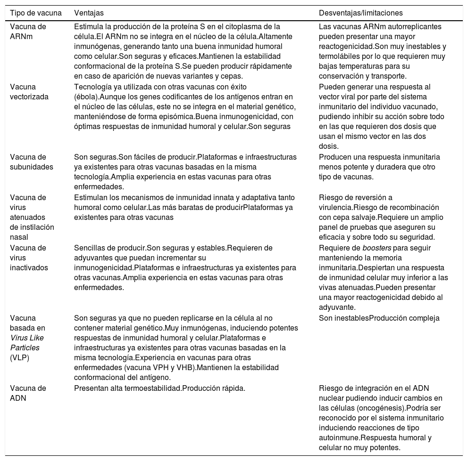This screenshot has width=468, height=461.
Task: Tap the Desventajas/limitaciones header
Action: pyautogui.click(x=360, y=13)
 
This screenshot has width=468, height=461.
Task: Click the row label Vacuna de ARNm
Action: pyautogui.click(x=28, y=32)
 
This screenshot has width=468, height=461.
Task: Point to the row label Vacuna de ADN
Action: pyautogui.click(x=28, y=393)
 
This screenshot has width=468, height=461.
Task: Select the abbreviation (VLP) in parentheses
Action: pyautogui.click(x=19, y=357)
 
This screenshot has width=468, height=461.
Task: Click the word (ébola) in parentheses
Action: pyautogui.click(x=89, y=97)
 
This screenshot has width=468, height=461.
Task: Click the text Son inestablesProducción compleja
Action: pyautogui.click(x=379, y=318)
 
